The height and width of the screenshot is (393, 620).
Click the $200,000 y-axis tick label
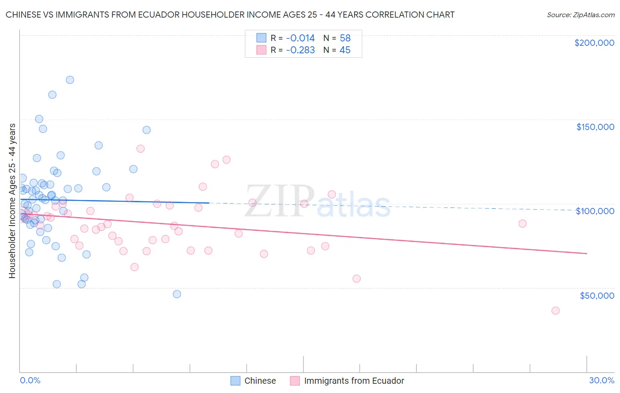pos(594,43)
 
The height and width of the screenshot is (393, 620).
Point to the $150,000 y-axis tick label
pos(595,127)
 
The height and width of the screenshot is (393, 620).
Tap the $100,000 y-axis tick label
pos(595,211)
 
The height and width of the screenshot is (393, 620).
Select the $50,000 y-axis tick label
pos(597,296)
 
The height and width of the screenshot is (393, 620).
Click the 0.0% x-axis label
pos(30,380)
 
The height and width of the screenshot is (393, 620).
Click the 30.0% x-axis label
pos(601,380)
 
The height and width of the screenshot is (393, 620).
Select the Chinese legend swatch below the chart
pos(235,381)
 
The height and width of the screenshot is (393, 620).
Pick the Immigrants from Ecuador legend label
pos(354,381)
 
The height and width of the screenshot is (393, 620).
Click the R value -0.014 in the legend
pos(300,38)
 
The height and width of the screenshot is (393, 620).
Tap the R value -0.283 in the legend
pos(300,50)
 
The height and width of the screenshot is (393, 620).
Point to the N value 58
pos(345,38)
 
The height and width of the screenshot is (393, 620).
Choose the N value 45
pos(345,50)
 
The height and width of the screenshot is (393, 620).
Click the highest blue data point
pos(70,80)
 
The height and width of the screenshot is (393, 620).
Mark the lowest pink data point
pos(555,311)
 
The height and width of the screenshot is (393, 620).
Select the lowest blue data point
pos(177,294)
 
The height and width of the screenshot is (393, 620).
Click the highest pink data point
pos(140,148)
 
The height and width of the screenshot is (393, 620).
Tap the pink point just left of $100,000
pos(522,223)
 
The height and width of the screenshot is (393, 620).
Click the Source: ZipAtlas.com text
pos(580,15)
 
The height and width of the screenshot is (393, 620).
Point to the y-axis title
pos(12,201)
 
